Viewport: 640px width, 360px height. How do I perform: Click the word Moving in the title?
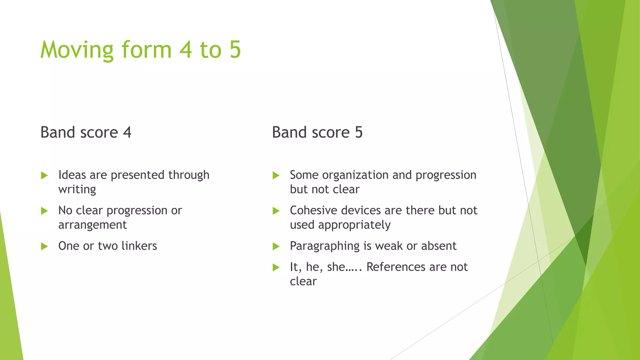77,50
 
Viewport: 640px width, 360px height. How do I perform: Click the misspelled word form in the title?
147,50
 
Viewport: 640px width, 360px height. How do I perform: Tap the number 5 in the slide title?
235,50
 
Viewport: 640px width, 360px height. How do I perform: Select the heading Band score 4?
86,132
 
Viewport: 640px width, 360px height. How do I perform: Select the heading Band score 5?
317,132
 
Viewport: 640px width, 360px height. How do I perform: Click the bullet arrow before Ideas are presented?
44,175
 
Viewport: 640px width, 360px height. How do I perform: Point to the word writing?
77,189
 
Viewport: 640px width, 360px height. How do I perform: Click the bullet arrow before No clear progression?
44,211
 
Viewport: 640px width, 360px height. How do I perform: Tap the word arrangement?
92,225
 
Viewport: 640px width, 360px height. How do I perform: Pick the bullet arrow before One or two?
44,247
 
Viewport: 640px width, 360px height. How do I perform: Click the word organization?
355,175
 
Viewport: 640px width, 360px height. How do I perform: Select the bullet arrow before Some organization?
276,175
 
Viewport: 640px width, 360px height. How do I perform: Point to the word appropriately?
354,225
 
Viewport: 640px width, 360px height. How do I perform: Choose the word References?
396,267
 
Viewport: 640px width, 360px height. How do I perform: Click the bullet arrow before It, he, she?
276,267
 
